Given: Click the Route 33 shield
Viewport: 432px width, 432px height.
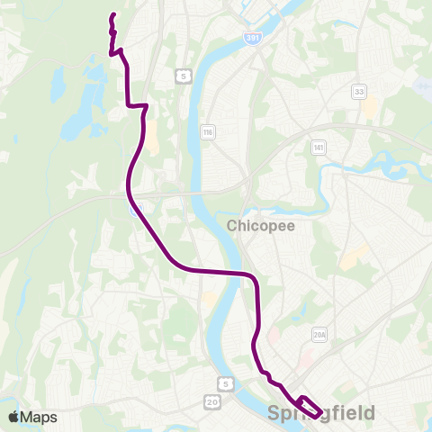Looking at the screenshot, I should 360,92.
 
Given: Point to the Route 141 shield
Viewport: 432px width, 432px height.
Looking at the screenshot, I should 319,146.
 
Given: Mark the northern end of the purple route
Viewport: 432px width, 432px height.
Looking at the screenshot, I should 112,15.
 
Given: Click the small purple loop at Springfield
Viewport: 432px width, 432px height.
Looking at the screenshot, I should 308,406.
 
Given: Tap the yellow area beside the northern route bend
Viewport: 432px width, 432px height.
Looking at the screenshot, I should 151,135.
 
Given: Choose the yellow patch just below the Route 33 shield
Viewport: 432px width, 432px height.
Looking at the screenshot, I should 370,110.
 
